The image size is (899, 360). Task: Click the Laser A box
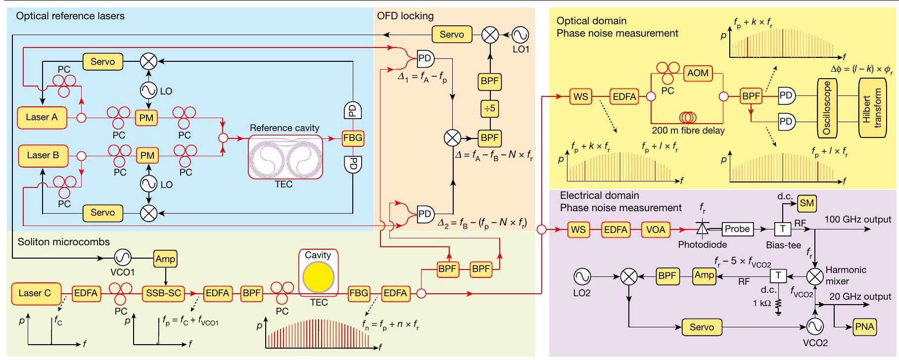click(x=42, y=117)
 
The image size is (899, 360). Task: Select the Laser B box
click(x=43, y=155)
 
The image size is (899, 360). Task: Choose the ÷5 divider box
click(x=489, y=108)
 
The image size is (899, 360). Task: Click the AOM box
click(x=698, y=73)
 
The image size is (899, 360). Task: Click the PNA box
click(x=865, y=327)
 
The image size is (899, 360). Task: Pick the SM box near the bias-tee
click(x=807, y=203)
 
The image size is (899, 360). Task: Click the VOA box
click(x=656, y=229)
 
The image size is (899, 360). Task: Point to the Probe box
click(x=737, y=229)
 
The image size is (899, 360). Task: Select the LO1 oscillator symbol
click(x=520, y=35)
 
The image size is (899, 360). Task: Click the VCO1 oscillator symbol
click(x=122, y=257)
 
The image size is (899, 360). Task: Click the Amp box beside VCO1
click(x=165, y=259)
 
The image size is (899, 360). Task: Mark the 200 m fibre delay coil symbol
click(x=687, y=118)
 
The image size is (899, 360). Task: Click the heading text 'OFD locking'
click(x=405, y=16)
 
